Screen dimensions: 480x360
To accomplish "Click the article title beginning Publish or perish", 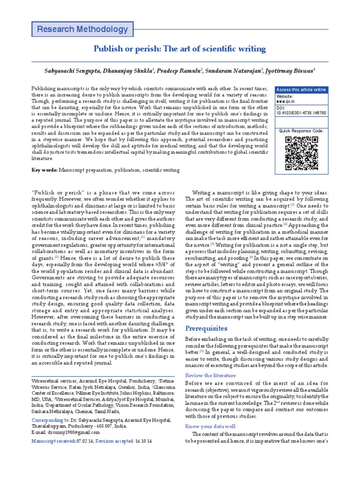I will click(180, 49).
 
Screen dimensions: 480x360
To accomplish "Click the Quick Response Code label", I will click(301, 131).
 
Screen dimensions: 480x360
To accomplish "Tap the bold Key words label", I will click(44, 171).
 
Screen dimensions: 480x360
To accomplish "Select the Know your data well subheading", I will click(210, 426).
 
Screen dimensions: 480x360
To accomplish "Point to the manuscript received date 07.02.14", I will click(84, 442).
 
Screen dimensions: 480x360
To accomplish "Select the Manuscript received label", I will click(52, 442).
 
